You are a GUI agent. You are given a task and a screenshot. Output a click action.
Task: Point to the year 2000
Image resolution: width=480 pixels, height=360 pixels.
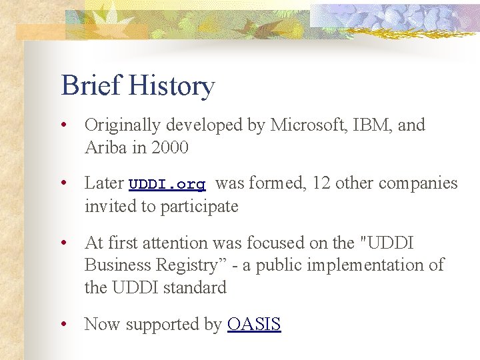(x=169, y=147)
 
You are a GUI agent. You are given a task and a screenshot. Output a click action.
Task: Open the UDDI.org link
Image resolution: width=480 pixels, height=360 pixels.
(x=167, y=184)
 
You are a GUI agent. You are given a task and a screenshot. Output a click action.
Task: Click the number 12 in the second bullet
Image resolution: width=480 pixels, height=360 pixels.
(x=321, y=183)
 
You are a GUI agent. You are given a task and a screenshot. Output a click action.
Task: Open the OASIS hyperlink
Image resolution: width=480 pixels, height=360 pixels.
(x=254, y=325)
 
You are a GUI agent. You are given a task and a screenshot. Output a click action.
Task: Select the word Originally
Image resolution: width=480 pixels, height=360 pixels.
(x=123, y=125)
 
